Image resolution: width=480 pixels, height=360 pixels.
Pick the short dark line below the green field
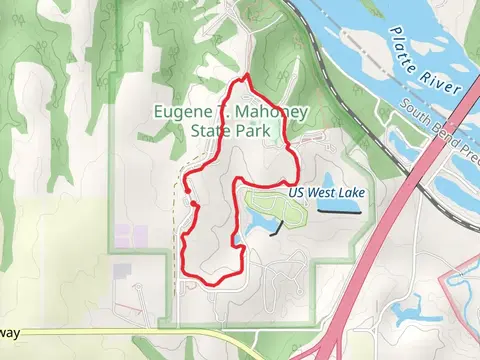pos(275,230)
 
